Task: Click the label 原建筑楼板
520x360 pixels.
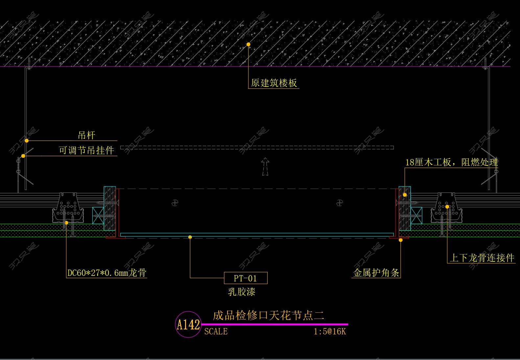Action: coord(274,83)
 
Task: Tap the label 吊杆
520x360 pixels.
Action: coord(86,135)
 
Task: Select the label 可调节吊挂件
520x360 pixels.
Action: coord(86,150)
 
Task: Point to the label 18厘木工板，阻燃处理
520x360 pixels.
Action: coord(451,162)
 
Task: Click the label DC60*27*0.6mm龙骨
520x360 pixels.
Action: coord(107,273)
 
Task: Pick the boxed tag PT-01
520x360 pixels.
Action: coord(246,278)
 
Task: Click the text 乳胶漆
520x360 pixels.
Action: coord(242,292)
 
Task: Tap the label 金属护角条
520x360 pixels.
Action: coord(376,273)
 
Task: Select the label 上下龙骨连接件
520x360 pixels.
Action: coord(482,258)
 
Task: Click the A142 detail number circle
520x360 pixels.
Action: coord(188,324)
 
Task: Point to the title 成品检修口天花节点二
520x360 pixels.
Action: coord(269,315)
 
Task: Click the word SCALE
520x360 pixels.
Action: coord(216,331)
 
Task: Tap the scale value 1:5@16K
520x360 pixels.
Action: coord(330,331)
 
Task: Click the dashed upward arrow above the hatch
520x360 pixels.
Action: coord(265,166)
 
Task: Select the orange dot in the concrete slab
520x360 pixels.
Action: coord(248,44)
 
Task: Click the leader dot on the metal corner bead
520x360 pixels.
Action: coord(401,240)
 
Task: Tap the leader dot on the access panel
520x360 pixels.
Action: coord(190,237)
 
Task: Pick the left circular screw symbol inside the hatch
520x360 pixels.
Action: coord(175,203)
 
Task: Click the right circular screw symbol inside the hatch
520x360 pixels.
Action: coord(340,203)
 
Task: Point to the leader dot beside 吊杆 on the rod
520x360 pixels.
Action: coord(27,141)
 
